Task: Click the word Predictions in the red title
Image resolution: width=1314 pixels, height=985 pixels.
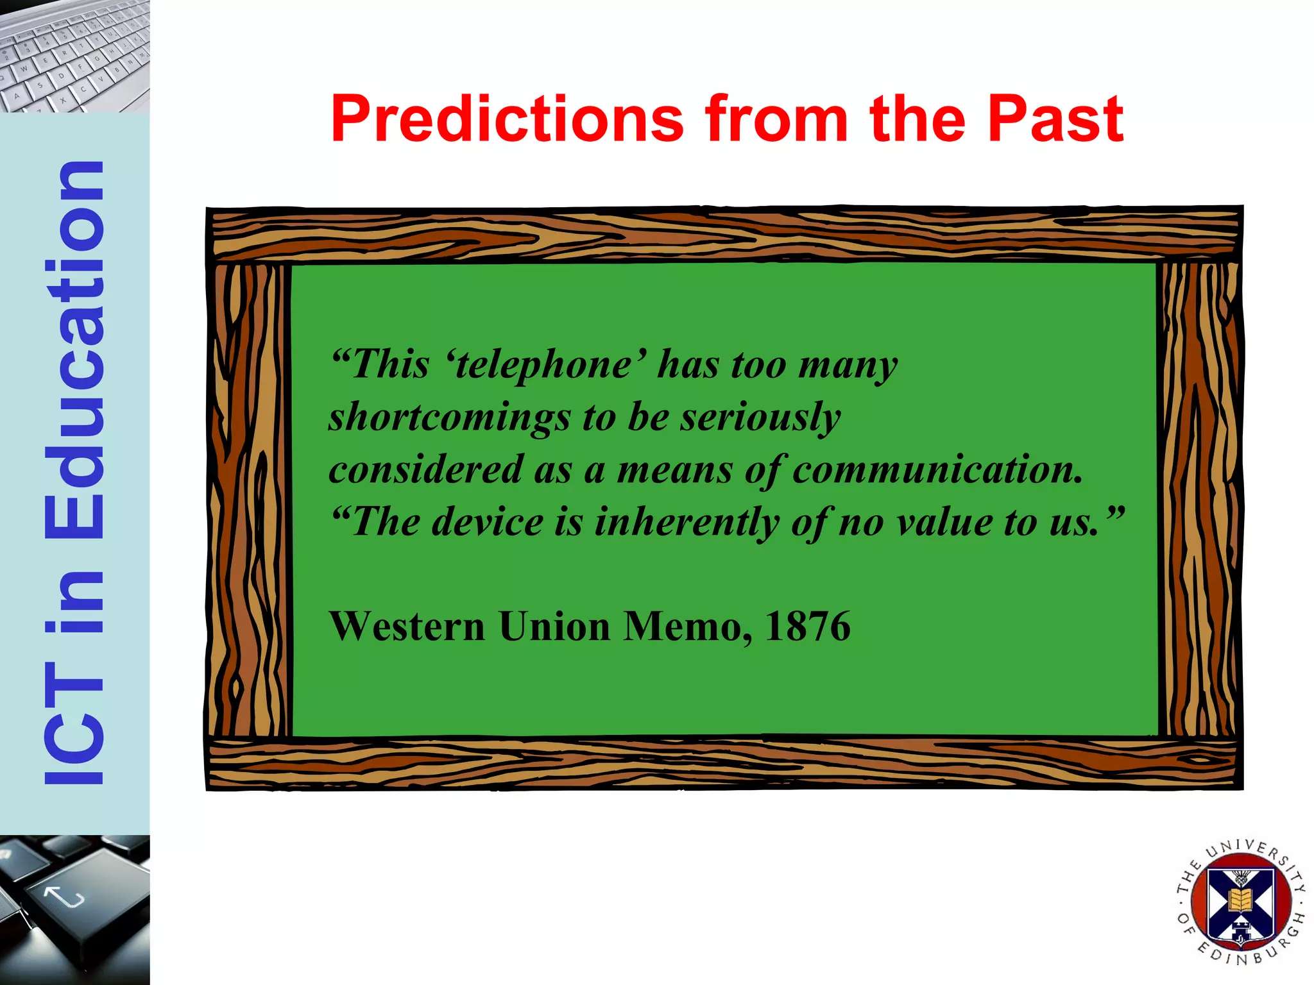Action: click(507, 119)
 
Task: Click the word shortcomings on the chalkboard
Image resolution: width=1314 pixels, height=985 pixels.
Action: click(449, 417)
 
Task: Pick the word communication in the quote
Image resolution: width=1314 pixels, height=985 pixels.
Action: click(937, 469)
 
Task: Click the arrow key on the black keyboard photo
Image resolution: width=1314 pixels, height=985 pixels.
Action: click(64, 896)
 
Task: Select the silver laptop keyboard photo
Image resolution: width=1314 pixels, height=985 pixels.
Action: click(74, 56)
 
